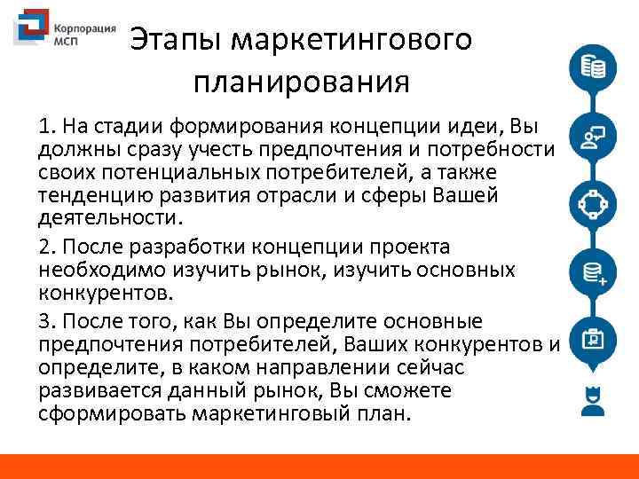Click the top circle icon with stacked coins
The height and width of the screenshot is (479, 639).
(x=592, y=67)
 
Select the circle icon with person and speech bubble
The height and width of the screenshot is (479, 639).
(x=592, y=137)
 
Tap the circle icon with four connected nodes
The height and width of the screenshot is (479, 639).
(x=592, y=206)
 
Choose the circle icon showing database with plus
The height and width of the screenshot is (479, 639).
(x=592, y=273)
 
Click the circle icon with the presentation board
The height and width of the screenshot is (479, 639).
(x=592, y=341)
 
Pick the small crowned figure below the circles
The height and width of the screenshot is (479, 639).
(x=592, y=400)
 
